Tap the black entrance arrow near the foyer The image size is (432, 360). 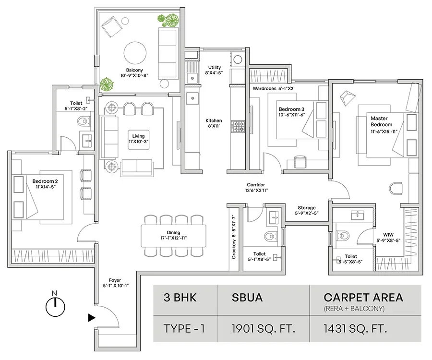92,317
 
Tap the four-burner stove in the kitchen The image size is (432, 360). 238,126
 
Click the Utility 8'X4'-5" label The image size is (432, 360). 214,70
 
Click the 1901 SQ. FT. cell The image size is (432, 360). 264,329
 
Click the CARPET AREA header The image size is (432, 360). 363,297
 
